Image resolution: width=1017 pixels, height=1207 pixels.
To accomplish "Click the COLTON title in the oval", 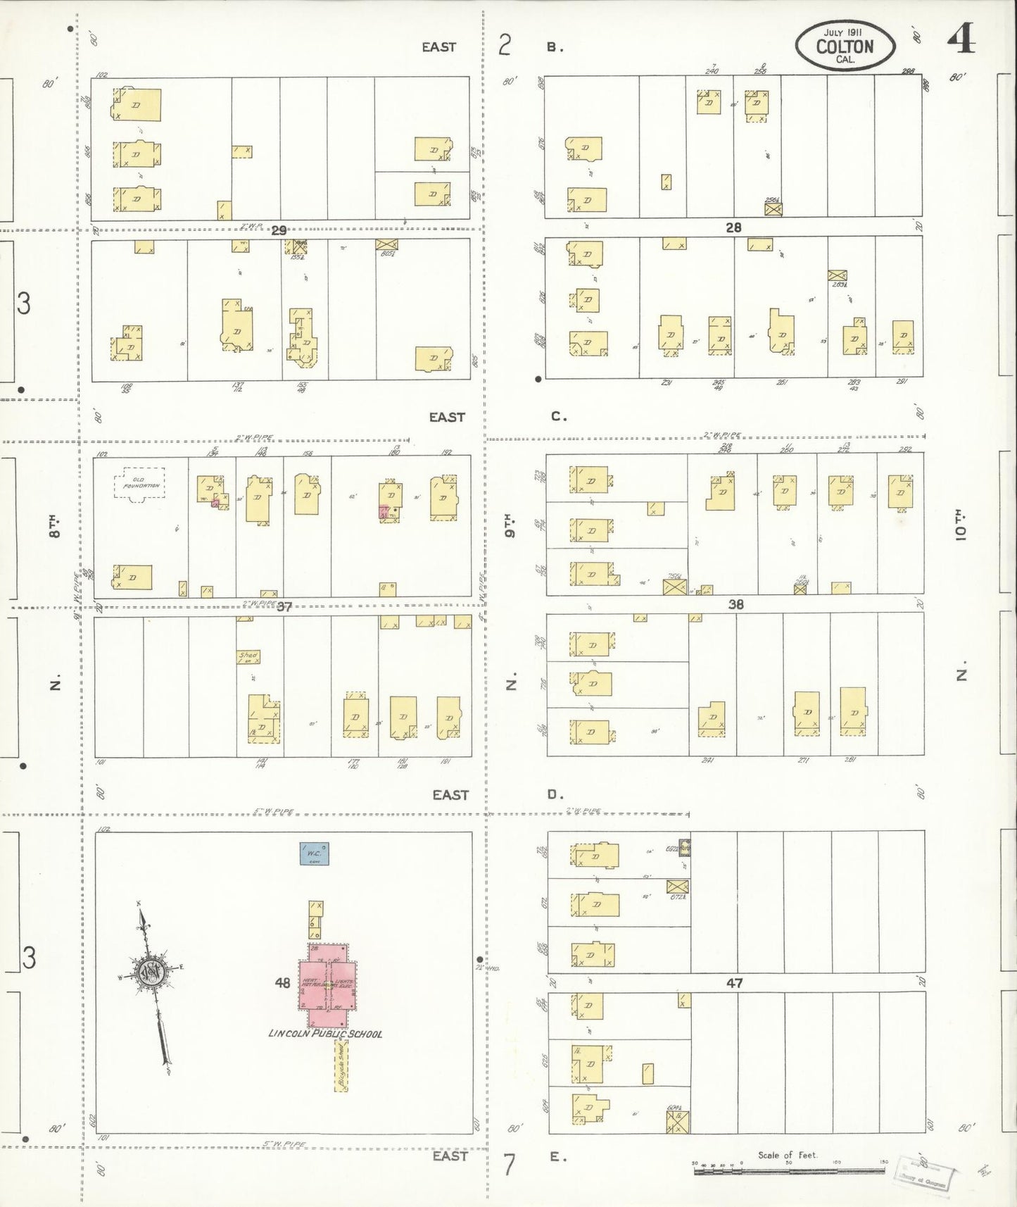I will click(x=845, y=46).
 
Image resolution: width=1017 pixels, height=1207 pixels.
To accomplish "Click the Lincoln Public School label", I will click(x=326, y=1034).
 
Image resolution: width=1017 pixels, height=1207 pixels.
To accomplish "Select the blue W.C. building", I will click(x=315, y=853).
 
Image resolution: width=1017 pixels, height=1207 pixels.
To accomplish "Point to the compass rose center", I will click(x=151, y=974).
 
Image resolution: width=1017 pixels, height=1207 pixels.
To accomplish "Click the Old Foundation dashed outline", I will click(x=139, y=483).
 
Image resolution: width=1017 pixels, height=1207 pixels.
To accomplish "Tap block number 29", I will click(x=279, y=230).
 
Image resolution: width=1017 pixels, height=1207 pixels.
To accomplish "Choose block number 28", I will click(x=734, y=227).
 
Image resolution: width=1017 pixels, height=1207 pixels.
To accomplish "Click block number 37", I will click(x=284, y=606).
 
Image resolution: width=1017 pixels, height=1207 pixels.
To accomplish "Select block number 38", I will click(x=735, y=604).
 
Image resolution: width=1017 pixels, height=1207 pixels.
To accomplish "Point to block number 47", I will click(x=735, y=982).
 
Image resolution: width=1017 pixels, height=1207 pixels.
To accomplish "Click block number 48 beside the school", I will click(x=283, y=983).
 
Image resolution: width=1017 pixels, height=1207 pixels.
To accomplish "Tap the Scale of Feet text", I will click(x=788, y=1155).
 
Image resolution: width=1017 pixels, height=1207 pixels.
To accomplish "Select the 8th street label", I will click(x=55, y=525).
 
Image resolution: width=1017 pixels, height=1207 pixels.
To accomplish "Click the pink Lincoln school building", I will click(x=328, y=984).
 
